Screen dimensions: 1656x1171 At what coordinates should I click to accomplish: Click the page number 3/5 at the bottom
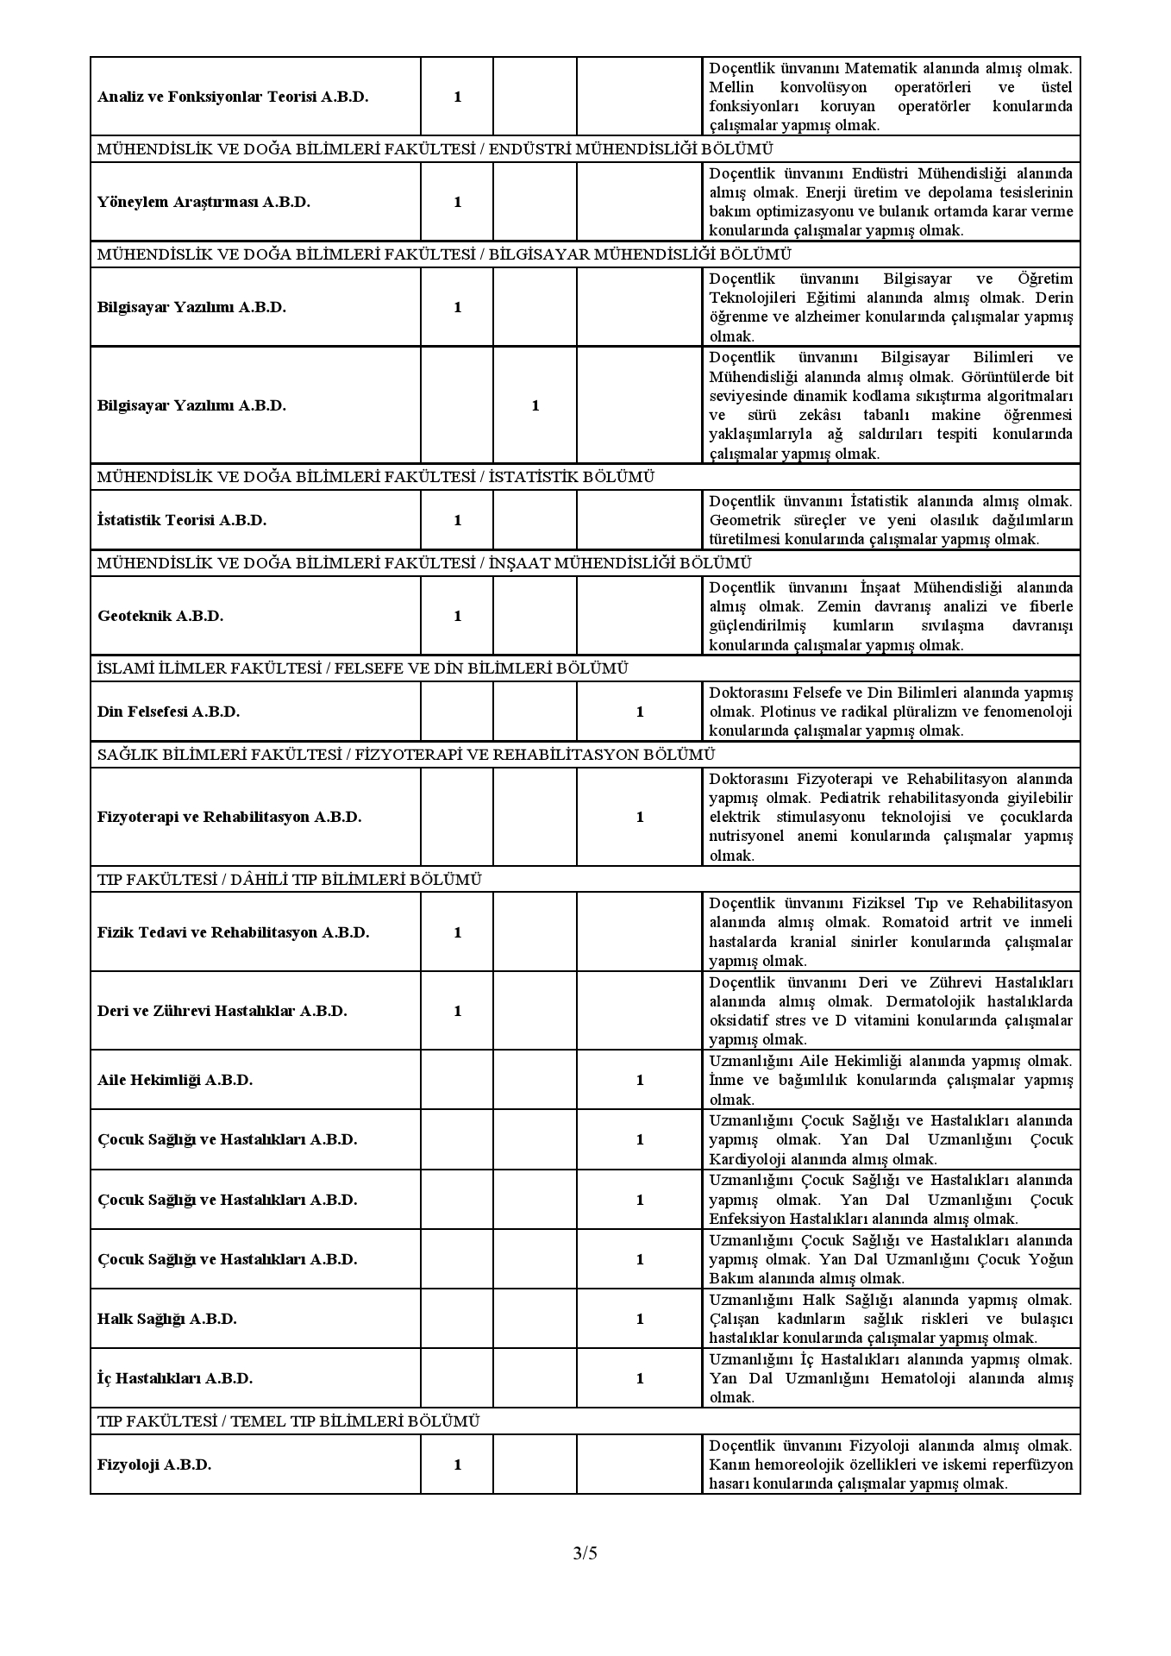pyautogui.click(x=585, y=1553)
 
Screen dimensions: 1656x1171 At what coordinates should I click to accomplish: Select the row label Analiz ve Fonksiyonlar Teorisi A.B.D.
pyautogui.click(x=233, y=97)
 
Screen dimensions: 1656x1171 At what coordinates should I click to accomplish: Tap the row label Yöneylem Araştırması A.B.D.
pyautogui.click(x=204, y=202)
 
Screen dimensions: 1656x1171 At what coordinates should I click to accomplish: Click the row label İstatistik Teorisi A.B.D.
pyautogui.click(x=182, y=520)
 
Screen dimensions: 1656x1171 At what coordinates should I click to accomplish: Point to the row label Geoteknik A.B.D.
pyautogui.click(x=160, y=616)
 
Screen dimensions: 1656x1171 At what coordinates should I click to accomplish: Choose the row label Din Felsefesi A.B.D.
pyautogui.click(x=168, y=712)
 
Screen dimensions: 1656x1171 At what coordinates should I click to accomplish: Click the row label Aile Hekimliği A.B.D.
pyautogui.click(x=175, y=1080)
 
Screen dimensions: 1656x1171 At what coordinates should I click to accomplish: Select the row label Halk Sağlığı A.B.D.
pyautogui.click(x=167, y=1319)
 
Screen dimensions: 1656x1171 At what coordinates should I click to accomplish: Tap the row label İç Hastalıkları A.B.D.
pyautogui.click(x=175, y=1378)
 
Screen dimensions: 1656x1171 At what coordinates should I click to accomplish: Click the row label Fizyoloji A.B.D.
pyautogui.click(x=154, y=1465)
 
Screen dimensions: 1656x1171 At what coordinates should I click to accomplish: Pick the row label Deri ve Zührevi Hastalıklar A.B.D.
pyautogui.click(x=222, y=1011)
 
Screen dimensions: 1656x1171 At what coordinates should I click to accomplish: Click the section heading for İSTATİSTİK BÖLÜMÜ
pyautogui.click(x=376, y=477)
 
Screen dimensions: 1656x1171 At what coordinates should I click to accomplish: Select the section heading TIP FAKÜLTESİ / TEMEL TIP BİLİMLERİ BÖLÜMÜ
pyautogui.click(x=289, y=1421)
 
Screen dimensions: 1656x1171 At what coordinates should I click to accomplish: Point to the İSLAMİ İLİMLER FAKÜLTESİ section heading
pyautogui.click(x=362, y=668)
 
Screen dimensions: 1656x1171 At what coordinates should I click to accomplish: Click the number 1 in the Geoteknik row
pyautogui.click(x=457, y=616)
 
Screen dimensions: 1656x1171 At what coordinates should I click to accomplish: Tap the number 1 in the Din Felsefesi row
pyautogui.click(x=639, y=712)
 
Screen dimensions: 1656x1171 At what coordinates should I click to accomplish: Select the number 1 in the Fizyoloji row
pyautogui.click(x=457, y=1465)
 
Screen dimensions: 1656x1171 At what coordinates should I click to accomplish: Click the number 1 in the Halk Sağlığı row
pyautogui.click(x=639, y=1319)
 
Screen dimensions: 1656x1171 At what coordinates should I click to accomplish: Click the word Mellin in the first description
pyautogui.click(x=731, y=87)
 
